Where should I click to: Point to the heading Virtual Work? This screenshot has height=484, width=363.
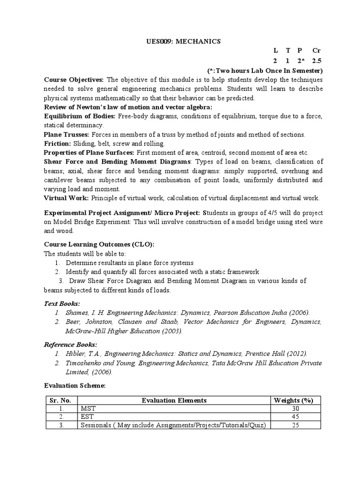coord(66,198)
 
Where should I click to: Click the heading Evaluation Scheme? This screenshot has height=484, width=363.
coord(75,386)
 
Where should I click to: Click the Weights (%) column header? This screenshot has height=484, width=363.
coord(294,400)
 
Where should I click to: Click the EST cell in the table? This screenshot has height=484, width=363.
coord(87,417)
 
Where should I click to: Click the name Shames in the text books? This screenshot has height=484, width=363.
coord(77,312)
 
